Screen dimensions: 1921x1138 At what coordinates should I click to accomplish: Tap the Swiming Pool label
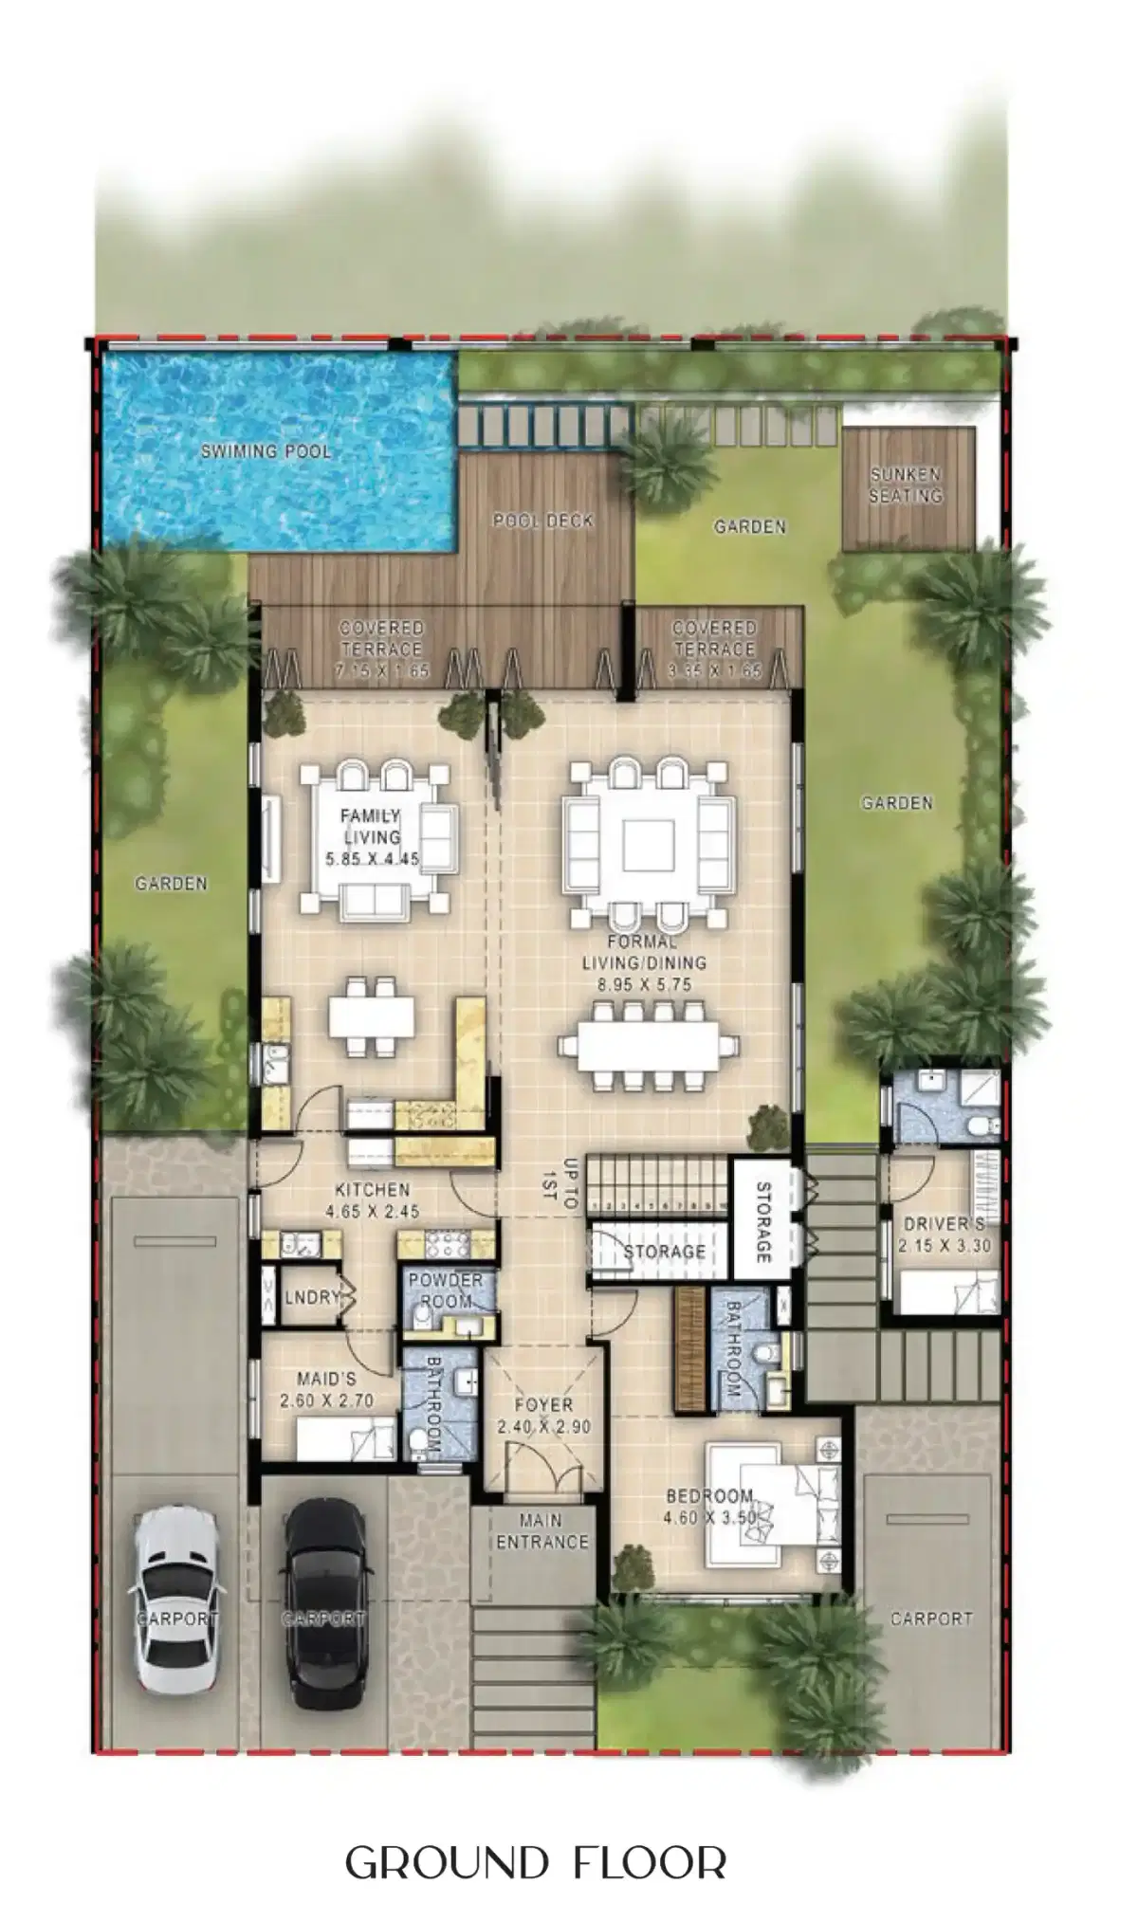click(266, 451)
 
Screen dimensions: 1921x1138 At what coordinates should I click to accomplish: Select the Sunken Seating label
click(907, 485)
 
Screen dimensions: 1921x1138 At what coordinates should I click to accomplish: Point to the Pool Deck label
click(543, 521)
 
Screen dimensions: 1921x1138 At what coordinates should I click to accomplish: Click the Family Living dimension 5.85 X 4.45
click(373, 860)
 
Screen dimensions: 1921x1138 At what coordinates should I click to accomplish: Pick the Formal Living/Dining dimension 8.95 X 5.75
click(645, 985)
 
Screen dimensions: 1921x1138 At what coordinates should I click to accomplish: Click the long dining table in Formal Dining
click(649, 1046)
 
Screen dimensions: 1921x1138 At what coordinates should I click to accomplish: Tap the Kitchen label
click(373, 1189)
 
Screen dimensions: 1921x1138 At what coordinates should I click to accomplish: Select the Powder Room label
click(446, 1290)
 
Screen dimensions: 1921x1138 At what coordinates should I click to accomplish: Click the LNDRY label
click(312, 1296)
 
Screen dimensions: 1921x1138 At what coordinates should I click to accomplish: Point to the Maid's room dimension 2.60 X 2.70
click(326, 1400)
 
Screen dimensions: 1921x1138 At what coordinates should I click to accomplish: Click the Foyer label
click(543, 1405)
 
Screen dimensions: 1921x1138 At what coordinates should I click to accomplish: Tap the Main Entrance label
click(541, 1531)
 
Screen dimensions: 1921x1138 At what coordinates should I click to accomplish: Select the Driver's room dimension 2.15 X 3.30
click(945, 1245)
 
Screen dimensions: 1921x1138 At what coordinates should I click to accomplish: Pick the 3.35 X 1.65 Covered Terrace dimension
click(713, 671)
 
